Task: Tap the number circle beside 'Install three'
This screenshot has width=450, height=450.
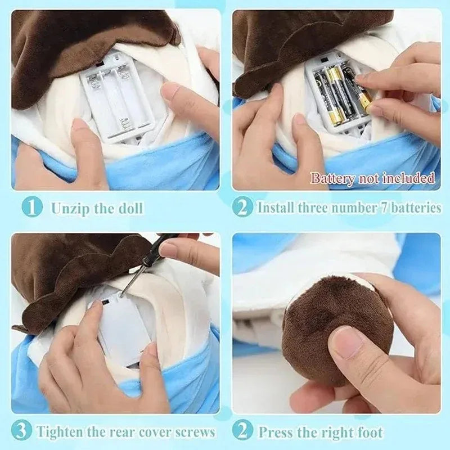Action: point(243,208)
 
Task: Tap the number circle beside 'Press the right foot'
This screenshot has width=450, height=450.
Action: point(243,432)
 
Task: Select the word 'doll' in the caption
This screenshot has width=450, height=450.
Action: point(129,208)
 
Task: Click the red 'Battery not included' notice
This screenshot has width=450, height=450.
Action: point(372,179)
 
